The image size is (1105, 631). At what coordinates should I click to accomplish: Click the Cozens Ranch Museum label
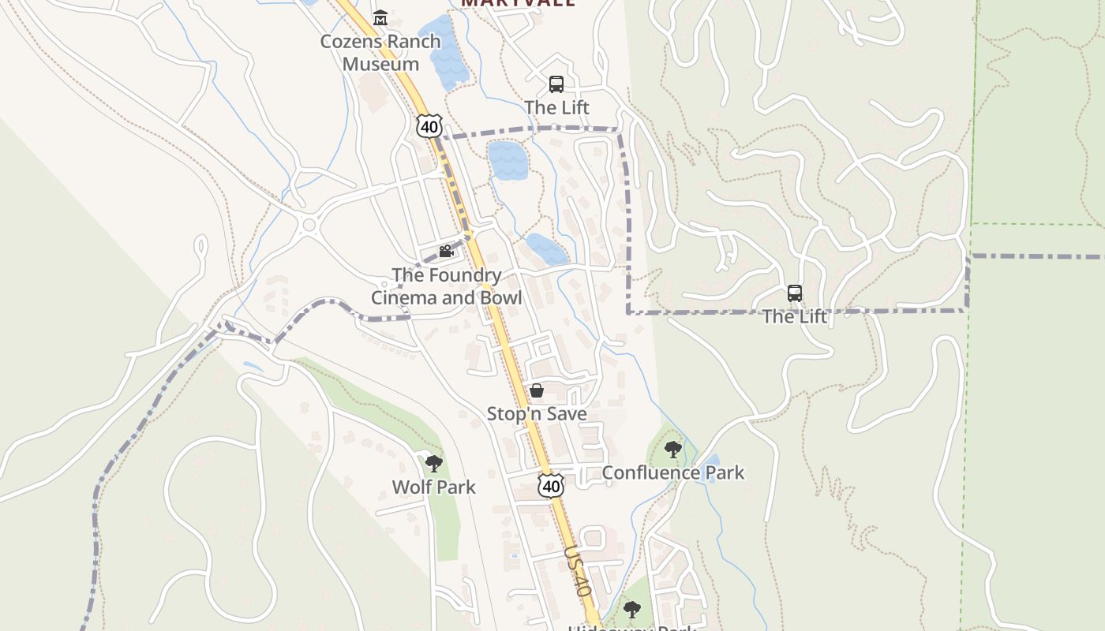[x=380, y=53]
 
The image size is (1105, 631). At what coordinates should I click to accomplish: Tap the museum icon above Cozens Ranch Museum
[x=380, y=17]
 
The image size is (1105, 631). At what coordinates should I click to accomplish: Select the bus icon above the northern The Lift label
[x=556, y=84]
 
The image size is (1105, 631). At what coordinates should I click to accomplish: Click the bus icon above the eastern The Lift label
[x=795, y=293]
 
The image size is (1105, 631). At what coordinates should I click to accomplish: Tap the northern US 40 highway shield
[x=429, y=126]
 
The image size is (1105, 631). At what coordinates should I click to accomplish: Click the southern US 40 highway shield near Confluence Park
[x=551, y=486]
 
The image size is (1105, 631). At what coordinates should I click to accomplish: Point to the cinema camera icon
[x=446, y=252]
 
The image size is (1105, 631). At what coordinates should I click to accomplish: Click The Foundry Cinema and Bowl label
[x=447, y=286]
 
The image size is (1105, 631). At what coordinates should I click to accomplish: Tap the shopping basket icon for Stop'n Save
[x=537, y=390]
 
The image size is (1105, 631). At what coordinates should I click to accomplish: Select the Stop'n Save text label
[x=537, y=414]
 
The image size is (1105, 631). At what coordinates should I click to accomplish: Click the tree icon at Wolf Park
[x=433, y=464]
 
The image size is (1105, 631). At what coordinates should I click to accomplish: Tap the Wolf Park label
[x=434, y=487]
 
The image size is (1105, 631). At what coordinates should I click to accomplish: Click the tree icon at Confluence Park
[x=672, y=450]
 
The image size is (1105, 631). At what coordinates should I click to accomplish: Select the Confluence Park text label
[x=672, y=472]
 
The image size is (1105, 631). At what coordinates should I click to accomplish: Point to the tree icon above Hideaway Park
[x=631, y=609]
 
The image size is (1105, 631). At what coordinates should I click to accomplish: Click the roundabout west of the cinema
[x=309, y=226]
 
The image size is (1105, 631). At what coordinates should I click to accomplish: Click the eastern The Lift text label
[x=795, y=316]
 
